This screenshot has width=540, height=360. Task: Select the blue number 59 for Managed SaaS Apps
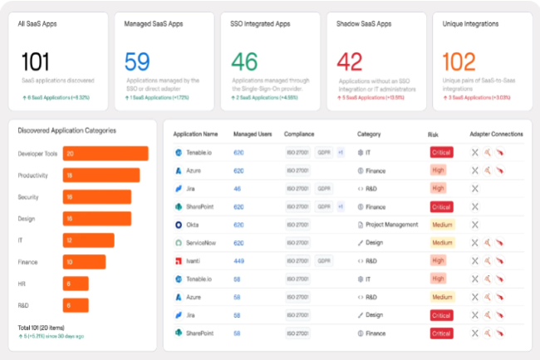(x=136, y=62)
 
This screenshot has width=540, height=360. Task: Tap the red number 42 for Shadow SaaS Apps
(x=350, y=62)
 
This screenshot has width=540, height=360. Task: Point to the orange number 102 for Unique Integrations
(x=459, y=62)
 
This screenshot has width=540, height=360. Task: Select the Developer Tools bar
(x=106, y=154)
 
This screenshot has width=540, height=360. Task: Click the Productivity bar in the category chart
(x=101, y=175)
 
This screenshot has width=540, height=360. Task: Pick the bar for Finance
(x=85, y=262)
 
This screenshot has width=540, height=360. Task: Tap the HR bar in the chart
(x=76, y=284)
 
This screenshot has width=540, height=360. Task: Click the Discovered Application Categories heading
(x=66, y=131)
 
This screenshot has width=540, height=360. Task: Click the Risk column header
(x=433, y=134)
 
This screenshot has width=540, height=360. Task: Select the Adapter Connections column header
(x=496, y=134)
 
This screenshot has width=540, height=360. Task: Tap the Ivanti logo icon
(x=178, y=260)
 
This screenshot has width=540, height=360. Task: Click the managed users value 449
(x=238, y=260)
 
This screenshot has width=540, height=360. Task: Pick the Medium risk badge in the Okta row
(x=442, y=224)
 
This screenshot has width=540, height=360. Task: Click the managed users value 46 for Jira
(x=237, y=189)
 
